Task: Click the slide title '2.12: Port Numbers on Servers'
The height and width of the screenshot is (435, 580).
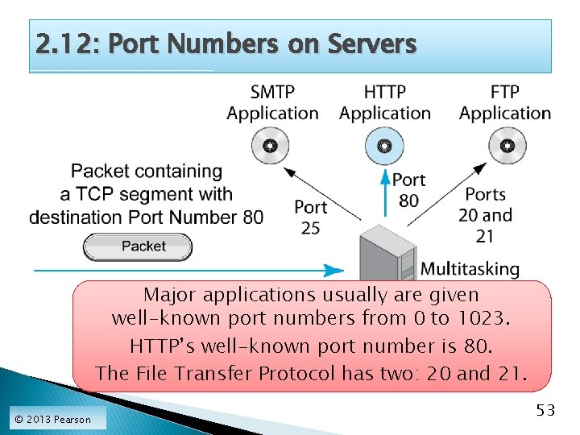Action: tap(226, 44)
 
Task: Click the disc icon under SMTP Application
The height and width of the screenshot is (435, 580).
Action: tap(271, 146)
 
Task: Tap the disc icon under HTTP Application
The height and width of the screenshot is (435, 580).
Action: tap(385, 146)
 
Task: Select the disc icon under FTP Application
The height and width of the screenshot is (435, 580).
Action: tap(507, 146)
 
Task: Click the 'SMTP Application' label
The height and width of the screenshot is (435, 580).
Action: tap(272, 103)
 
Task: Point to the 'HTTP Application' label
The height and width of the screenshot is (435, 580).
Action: tap(385, 103)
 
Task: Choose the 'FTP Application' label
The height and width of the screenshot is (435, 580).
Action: tap(505, 103)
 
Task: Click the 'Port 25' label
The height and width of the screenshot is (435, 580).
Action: tap(310, 217)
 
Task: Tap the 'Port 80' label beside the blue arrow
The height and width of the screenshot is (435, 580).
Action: tap(408, 190)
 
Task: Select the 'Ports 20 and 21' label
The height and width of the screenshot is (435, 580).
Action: tap(486, 215)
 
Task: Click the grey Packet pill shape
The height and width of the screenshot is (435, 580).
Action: tap(138, 246)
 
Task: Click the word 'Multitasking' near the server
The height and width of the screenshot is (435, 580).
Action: tap(470, 269)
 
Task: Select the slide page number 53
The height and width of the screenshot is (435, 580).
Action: tap(545, 411)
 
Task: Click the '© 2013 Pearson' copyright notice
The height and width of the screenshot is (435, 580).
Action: tap(53, 419)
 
